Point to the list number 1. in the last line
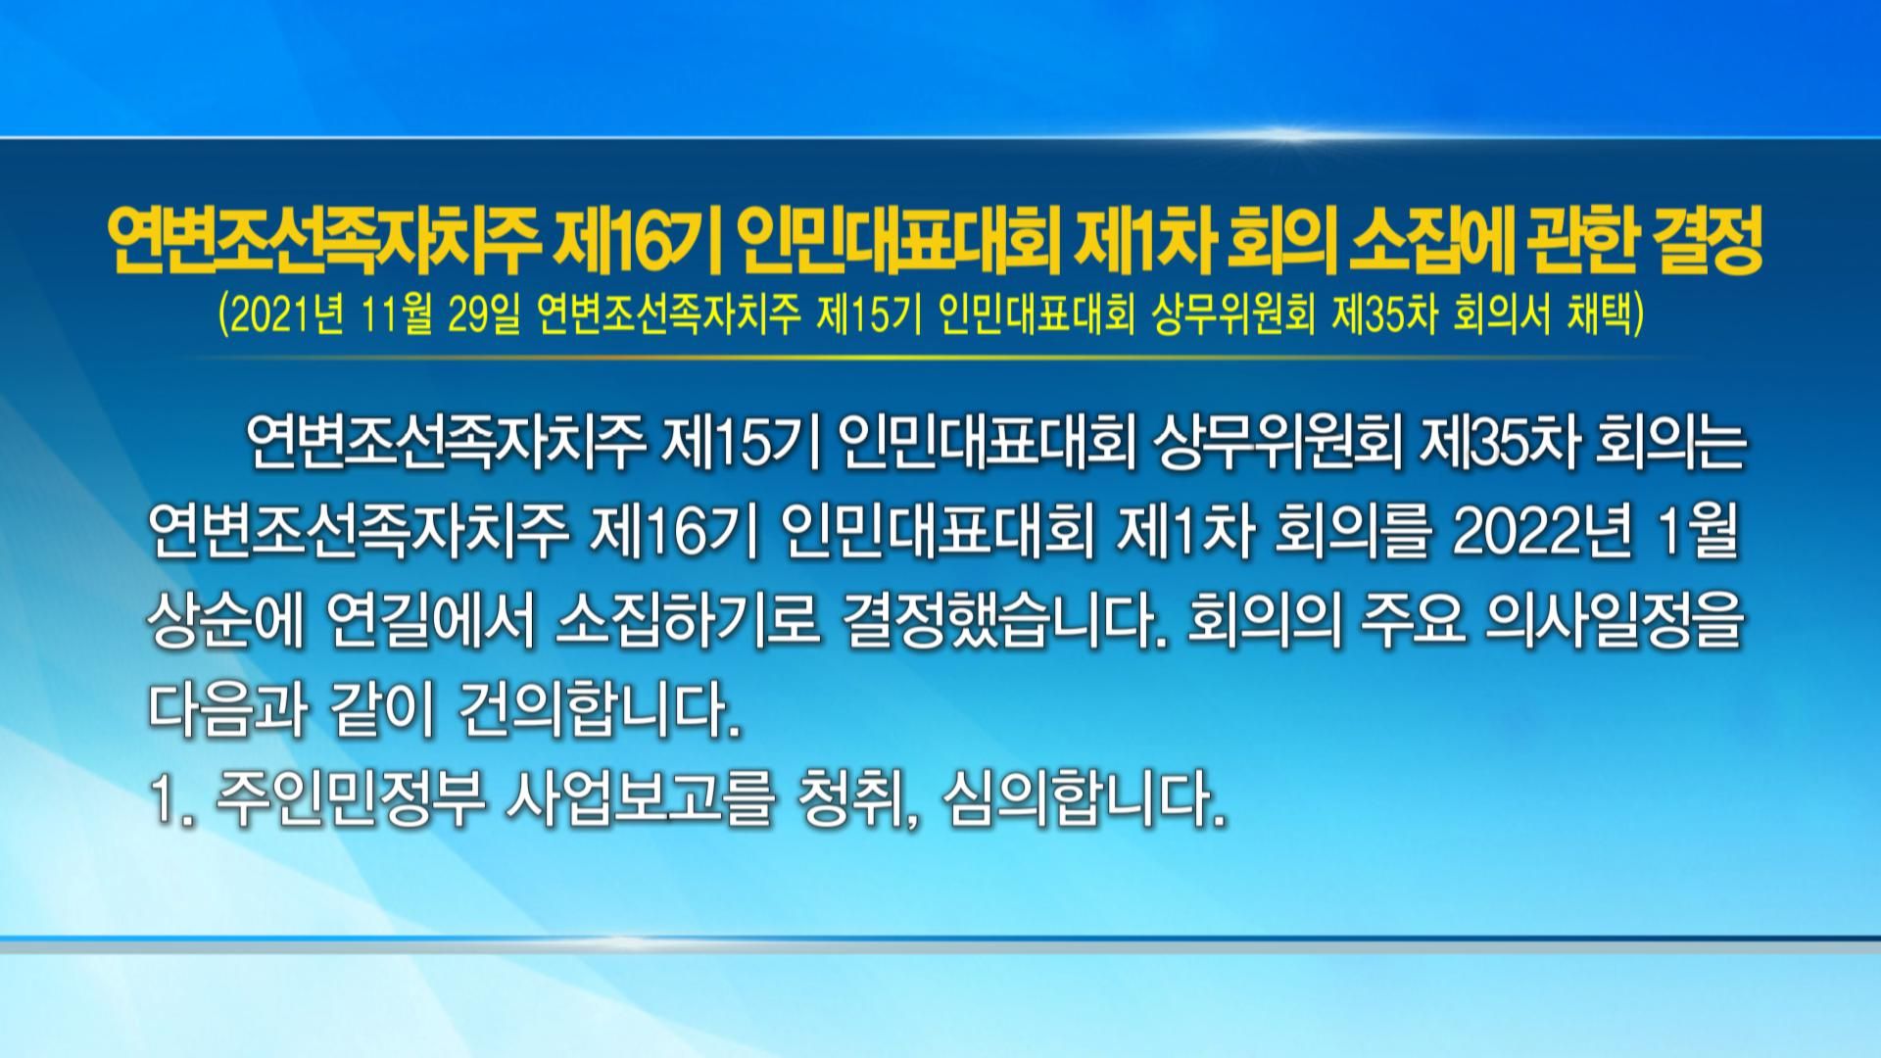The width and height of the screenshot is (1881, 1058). (174, 805)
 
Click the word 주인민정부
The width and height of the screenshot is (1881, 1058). (353, 804)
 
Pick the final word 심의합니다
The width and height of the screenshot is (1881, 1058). (1085, 804)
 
